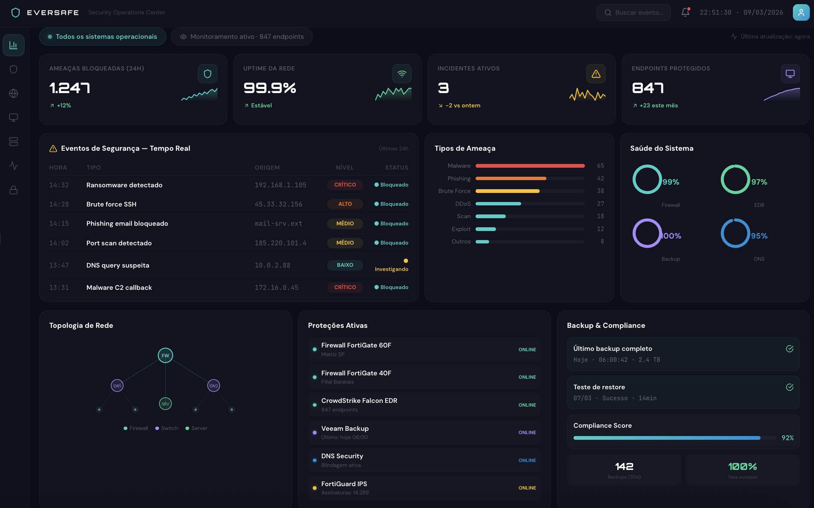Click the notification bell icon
click(x=685, y=12)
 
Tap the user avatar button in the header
click(x=801, y=12)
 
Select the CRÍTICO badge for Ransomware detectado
click(x=345, y=185)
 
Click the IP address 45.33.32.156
click(x=278, y=204)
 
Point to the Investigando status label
click(x=391, y=269)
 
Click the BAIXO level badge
click(x=345, y=265)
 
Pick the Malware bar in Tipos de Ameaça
click(x=530, y=166)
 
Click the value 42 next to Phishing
click(x=600, y=178)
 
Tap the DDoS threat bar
click(x=498, y=204)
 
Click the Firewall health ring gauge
click(x=647, y=179)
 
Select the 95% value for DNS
click(x=759, y=236)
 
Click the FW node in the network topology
click(x=165, y=355)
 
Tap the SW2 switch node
click(x=214, y=386)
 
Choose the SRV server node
click(x=165, y=404)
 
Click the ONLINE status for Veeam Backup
click(x=527, y=433)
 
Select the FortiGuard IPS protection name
click(x=344, y=484)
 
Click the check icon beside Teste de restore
click(x=790, y=387)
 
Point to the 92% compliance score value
click(x=787, y=438)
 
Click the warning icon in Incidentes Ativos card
click(x=596, y=74)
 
